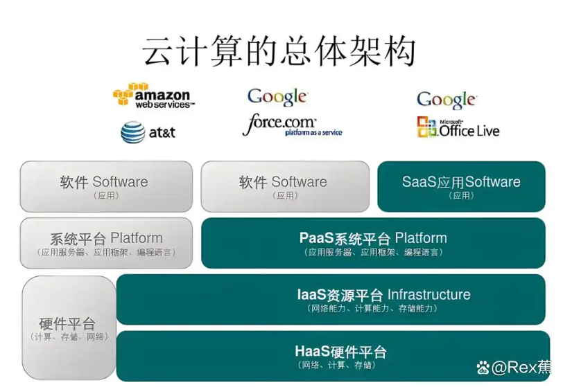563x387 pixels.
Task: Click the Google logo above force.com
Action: pos(277,97)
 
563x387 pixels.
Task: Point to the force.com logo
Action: pos(291,126)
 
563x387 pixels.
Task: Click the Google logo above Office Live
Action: pos(446,100)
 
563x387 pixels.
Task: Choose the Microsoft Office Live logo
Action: pos(458,128)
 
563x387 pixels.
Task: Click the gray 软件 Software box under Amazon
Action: pos(106,186)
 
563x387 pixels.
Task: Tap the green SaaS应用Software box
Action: pos(461,186)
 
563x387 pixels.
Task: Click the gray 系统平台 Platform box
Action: pos(106,242)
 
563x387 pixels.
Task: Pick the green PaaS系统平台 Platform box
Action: pos(373,243)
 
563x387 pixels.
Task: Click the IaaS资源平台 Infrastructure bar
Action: pos(331,300)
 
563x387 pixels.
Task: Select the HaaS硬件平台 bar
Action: pos(331,355)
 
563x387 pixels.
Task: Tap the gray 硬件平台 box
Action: pos(68,327)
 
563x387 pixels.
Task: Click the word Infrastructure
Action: pos(428,295)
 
